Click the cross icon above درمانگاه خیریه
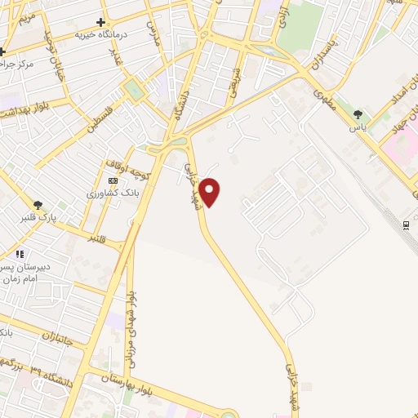(100, 22)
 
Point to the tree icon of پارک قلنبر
(38, 204)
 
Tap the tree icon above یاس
(357, 113)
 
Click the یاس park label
(357, 127)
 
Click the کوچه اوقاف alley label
(126, 167)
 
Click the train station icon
(406, 225)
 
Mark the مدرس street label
(153, 33)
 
